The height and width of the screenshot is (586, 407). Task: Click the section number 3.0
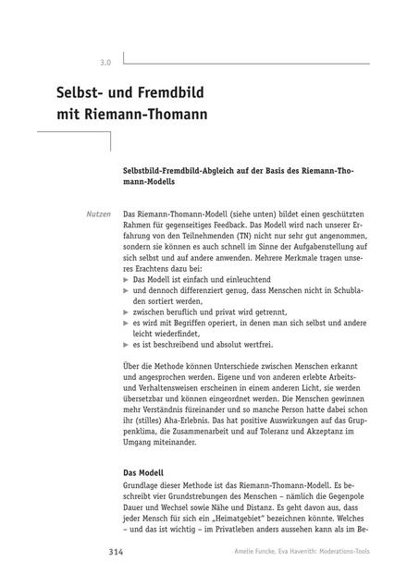105,63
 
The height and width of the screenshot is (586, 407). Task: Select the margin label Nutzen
98,214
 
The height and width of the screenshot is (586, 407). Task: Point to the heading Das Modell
149,473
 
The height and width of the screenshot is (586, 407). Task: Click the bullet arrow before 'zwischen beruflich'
127,311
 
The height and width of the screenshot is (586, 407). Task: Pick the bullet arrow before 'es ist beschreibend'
127,345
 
